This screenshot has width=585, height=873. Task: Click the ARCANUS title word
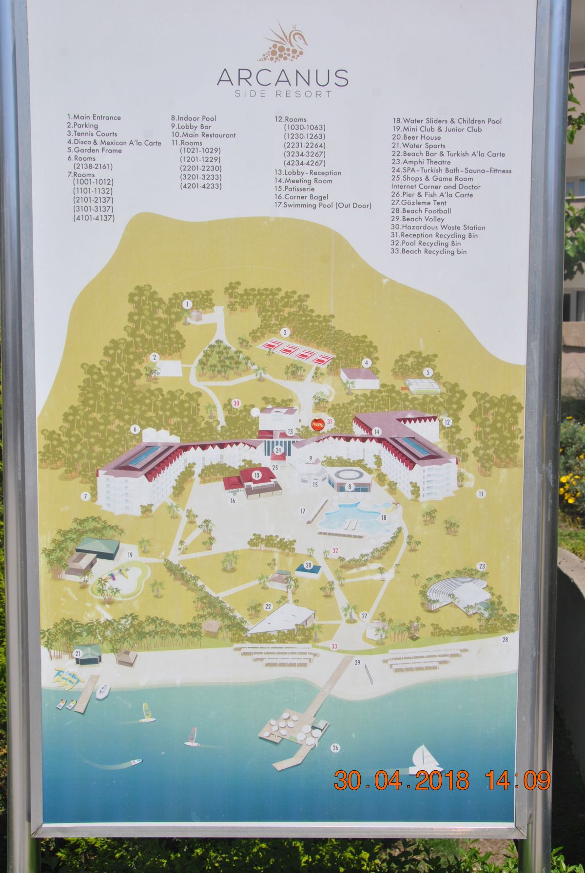[x=282, y=77]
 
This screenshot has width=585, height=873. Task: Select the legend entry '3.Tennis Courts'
[x=92, y=133]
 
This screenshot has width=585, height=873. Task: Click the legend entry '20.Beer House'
[x=416, y=137]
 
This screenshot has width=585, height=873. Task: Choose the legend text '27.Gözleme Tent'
[x=418, y=203]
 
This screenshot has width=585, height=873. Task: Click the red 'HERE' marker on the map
[x=317, y=424]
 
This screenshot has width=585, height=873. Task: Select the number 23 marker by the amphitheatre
[x=482, y=566]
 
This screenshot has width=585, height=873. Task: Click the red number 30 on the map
[x=236, y=403]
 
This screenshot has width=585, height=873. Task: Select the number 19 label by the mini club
[x=130, y=555]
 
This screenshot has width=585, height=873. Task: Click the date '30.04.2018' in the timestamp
[x=401, y=780]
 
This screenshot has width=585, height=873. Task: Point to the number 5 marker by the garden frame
[x=428, y=373]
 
